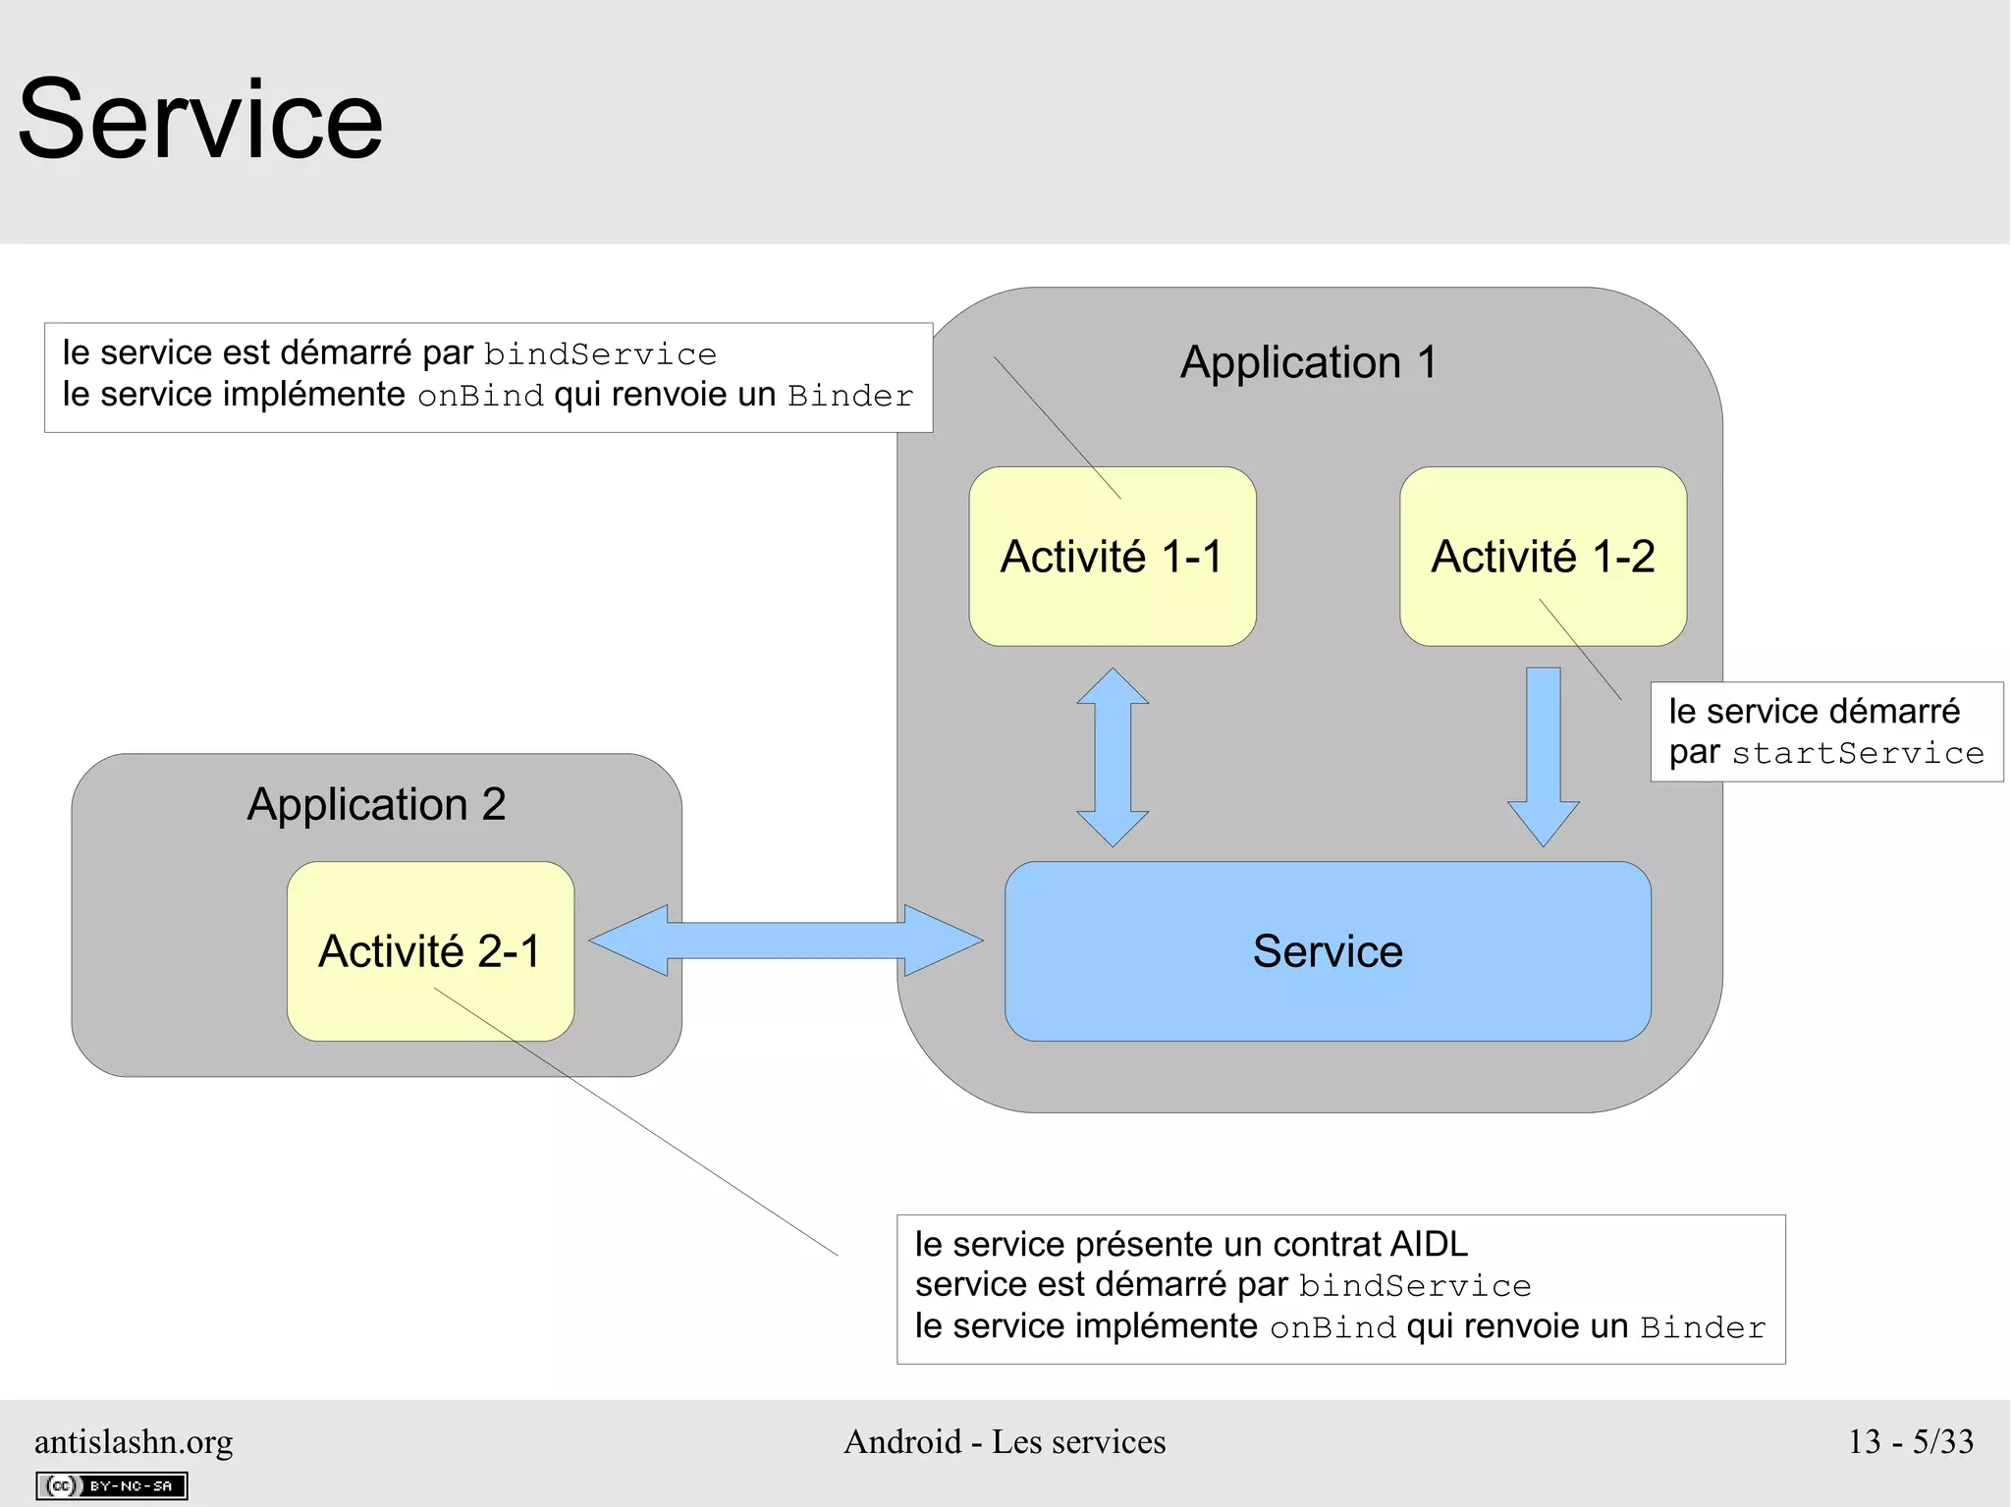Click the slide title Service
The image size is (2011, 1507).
(200, 120)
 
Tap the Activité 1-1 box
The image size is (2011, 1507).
(1112, 557)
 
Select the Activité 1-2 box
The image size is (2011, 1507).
(1543, 557)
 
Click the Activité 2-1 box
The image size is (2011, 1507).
(430, 951)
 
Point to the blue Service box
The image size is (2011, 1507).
(1328, 951)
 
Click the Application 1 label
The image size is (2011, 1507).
(1308, 362)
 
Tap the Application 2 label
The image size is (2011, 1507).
(376, 804)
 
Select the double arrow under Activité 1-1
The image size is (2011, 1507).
(1113, 757)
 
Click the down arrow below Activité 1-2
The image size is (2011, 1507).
(1544, 756)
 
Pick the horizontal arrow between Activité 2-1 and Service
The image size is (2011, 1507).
(786, 941)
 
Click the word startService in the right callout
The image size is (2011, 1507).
(1858, 753)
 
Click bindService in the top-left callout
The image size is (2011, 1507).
(600, 354)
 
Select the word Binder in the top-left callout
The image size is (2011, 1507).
(850, 396)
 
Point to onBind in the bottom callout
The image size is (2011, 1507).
(1332, 1327)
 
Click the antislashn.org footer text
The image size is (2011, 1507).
(134, 1441)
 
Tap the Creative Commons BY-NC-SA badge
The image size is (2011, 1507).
(112, 1485)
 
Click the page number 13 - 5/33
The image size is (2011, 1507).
(1911, 1441)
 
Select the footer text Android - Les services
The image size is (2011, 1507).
(1005, 1441)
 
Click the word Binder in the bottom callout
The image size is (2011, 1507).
(1703, 1327)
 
